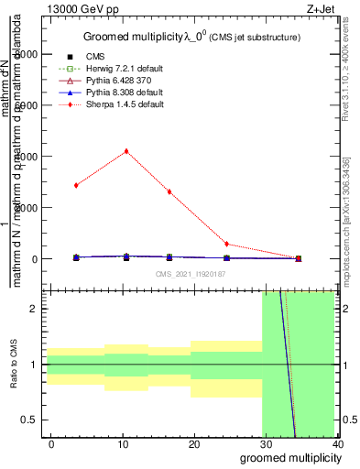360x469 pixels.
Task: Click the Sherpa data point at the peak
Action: coord(126,151)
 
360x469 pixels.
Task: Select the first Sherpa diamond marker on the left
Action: coord(76,185)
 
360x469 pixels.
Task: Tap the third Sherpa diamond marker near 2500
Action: coord(169,191)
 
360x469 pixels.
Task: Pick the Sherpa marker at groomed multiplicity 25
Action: coord(226,245)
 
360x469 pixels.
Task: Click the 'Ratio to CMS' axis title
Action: coord(14,365)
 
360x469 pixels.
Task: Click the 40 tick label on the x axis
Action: coord(337,444)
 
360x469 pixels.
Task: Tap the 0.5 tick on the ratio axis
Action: coord(31,420)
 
